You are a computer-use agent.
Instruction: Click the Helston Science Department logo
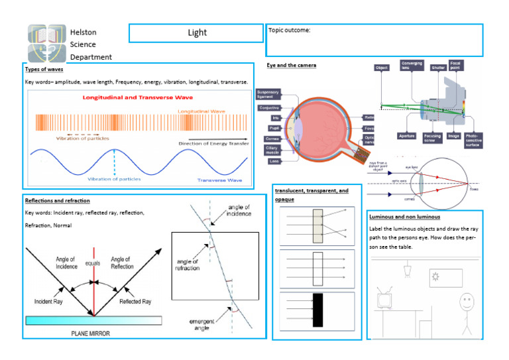tap(46, 42)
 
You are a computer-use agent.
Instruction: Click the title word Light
tap(197, 32)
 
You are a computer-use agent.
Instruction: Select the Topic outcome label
tap(290, 30)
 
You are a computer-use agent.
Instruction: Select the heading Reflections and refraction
tap(57, 200)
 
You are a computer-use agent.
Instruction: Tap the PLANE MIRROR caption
tap(93, 333)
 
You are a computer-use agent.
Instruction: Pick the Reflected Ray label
tap(135, 302)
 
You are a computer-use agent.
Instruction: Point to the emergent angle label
tap(201, 325)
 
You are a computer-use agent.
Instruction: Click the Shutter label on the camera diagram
tap(438, 68)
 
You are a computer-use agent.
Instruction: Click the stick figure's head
tap(467, 301)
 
